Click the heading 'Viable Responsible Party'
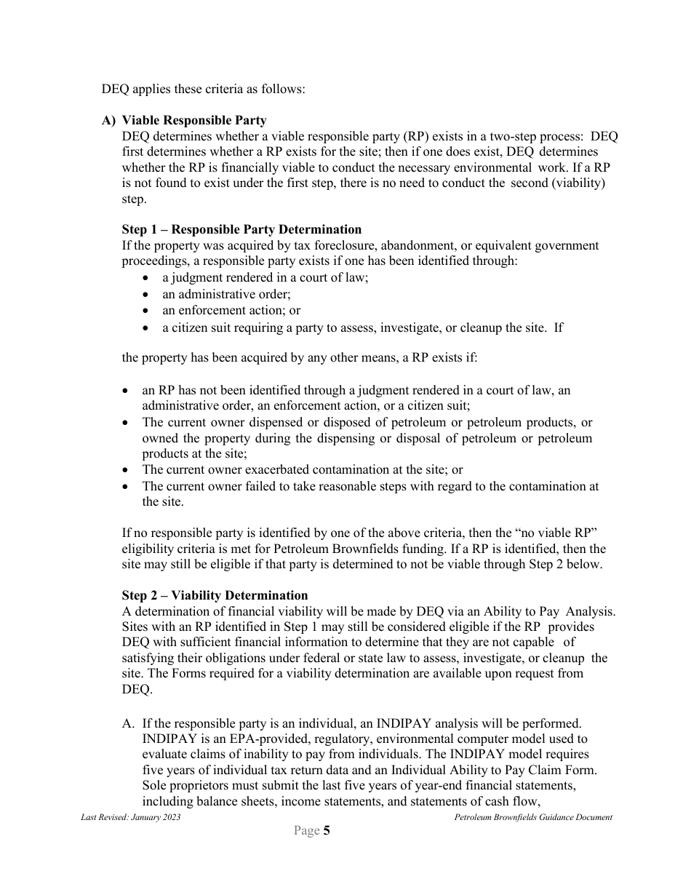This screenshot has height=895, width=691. (194, 120)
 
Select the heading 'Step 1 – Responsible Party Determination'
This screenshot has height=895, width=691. (241, 230)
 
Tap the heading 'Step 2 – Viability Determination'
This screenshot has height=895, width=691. (215, 595)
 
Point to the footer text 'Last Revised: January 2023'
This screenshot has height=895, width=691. (131, 817)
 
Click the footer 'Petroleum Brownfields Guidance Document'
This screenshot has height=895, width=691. (533, 817)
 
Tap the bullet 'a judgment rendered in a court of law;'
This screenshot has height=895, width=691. (265, 278)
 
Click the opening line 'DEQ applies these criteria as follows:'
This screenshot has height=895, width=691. (204, 89)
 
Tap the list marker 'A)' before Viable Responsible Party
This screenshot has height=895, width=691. (108, 120)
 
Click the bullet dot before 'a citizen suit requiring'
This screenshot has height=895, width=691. (146, 327)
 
